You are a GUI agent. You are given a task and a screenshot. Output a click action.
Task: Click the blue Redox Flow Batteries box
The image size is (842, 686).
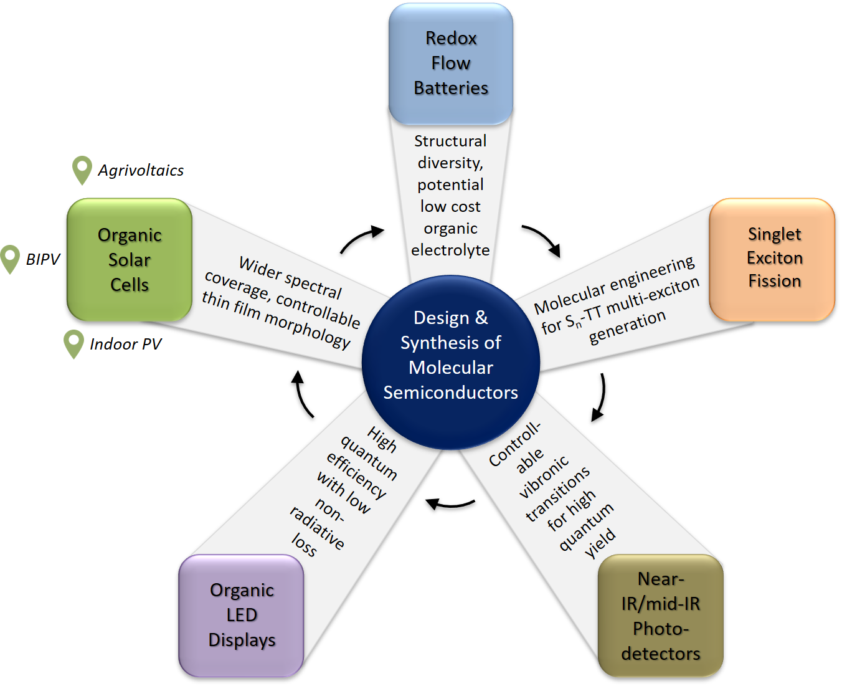click(x=450, y=64)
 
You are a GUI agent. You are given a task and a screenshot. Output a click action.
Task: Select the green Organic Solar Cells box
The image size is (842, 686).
click(x=130, y=259)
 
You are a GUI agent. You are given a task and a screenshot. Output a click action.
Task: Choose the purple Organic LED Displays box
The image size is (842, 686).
click(x=241, y=615)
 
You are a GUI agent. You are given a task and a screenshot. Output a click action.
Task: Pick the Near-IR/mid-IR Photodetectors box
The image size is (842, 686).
click(x=660, y=616)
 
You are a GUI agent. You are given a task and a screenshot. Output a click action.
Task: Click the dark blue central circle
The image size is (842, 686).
click(x=450, y=361)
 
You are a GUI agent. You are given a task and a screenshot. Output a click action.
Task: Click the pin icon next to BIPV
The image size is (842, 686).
click(x=10, y=259)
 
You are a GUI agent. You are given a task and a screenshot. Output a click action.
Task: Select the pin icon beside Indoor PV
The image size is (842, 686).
click(x=73, y=343)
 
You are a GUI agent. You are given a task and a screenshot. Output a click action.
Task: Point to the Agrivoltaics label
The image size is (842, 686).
click(x=141, y=171)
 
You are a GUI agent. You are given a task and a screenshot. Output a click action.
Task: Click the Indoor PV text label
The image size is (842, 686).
click(x=125, y=344)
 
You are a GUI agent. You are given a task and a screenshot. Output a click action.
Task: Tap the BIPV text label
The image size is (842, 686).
click(x=43, y=259)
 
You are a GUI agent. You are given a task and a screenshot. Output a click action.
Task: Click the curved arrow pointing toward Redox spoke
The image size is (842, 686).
click(x=362, y=240)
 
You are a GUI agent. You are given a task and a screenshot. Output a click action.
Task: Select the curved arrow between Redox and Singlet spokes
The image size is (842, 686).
click(x=542, y=240)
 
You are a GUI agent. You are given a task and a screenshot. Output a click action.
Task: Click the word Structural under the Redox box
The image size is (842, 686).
click(x=450, y=141)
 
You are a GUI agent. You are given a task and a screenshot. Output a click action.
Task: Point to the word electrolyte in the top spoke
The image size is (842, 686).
click(x=450, y=250)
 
